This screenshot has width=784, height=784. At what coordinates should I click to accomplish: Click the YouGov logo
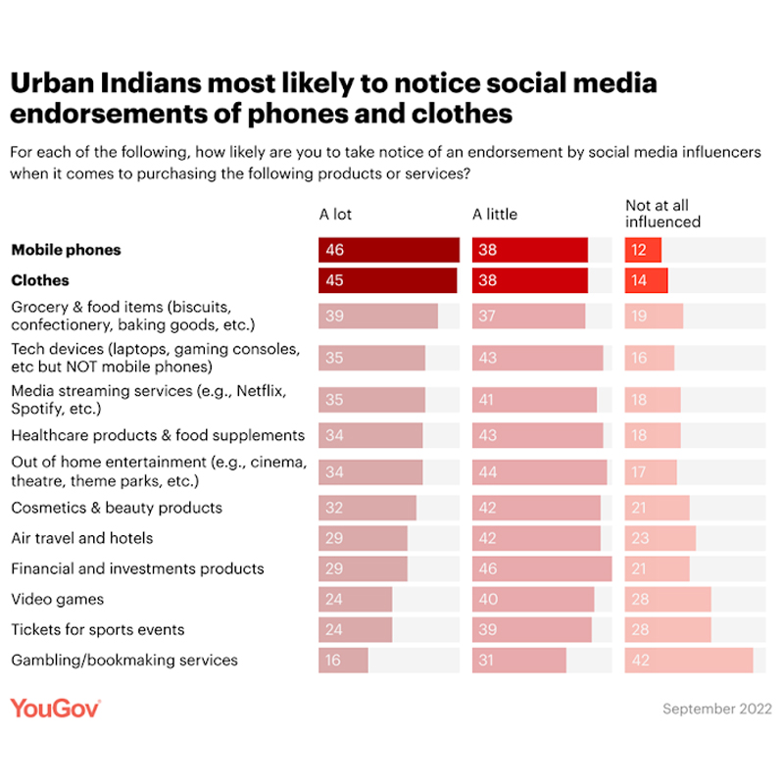56,708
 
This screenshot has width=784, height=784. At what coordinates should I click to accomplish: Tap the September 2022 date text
717,709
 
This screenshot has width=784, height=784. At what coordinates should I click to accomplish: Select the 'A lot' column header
336,214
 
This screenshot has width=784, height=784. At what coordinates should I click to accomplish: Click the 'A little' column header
495,214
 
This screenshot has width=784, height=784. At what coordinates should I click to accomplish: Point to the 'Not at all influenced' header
662,214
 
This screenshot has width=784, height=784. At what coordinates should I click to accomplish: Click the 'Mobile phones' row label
66,250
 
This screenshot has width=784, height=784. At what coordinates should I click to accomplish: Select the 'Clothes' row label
40,280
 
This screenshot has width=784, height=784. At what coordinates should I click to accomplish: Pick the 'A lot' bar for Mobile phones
388,250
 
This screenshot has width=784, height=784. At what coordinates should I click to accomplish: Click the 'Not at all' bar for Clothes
646,280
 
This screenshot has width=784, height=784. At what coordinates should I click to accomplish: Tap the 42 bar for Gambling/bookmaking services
689,660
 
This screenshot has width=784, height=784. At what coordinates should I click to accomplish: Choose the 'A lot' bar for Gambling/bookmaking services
343,660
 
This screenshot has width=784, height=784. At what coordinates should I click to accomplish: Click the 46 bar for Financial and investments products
542,568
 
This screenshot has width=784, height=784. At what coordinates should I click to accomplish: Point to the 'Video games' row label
57,599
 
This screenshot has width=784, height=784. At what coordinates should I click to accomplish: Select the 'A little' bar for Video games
533,599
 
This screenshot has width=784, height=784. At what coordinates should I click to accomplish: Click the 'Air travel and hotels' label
82,538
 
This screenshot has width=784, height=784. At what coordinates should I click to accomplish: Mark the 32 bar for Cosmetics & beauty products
367,508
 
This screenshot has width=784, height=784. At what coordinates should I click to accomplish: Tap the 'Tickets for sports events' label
97,629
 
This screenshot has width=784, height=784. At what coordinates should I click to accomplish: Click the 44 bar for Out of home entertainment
539,472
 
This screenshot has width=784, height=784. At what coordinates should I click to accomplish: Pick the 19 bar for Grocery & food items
654,316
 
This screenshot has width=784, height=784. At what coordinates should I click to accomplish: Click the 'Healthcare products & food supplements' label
158,435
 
